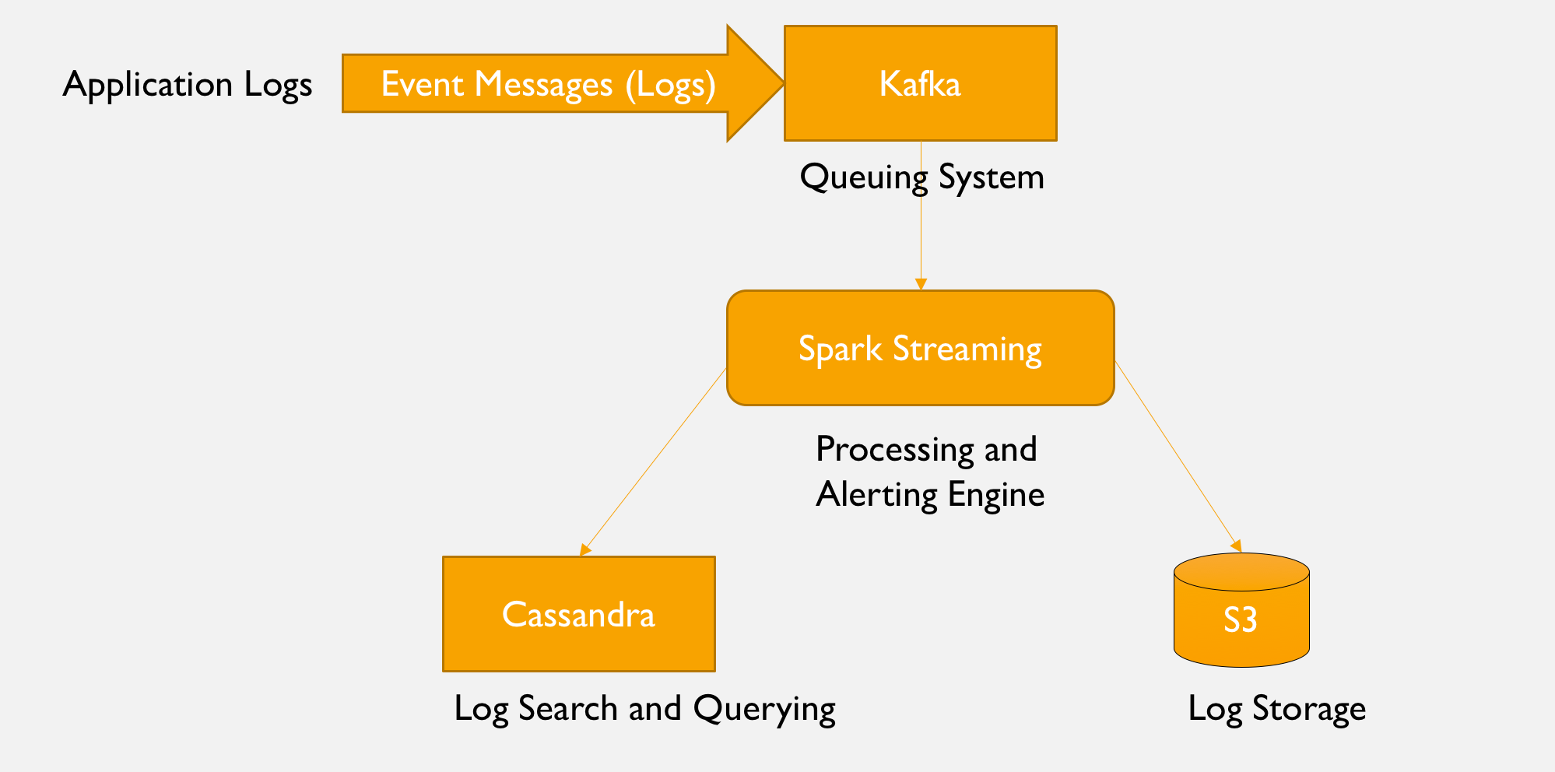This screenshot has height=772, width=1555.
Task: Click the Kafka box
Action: coord(920,83)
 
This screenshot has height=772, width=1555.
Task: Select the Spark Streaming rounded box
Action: coord(920,348)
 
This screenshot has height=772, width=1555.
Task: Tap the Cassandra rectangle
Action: coord(578,614)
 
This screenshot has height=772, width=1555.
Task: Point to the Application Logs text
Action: coord(187,84)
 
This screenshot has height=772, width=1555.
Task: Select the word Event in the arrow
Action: coord(419,84)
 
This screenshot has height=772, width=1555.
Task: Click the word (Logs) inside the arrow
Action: coord(670,84)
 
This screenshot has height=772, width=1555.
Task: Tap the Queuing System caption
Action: coord(921,177)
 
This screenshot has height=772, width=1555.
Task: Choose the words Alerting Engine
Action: coord(930,495)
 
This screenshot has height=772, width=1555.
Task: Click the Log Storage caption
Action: coord(1276,709)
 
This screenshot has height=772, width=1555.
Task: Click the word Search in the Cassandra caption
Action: coord(567,709)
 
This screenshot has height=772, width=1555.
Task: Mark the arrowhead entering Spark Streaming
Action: coord(921,285)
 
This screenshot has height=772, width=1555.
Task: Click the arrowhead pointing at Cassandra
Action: coord(584,550)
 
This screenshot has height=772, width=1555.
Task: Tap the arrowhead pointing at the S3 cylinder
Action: coord(1236,546)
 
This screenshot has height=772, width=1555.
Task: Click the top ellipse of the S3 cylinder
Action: coord(1241,571)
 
